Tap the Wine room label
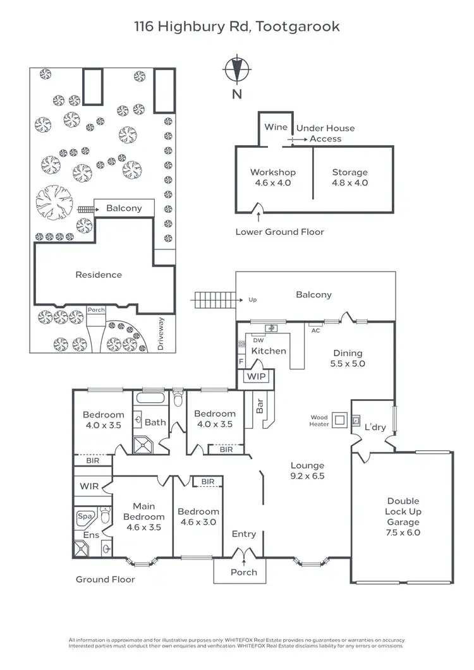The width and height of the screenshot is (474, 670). point(276,128)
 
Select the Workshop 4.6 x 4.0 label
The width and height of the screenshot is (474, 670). point(272,177)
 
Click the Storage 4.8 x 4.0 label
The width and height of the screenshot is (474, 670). point(350,177)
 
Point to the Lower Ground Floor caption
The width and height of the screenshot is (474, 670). point(279,232)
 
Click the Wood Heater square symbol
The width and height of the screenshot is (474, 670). point(340,419)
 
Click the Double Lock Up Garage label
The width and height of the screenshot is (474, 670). point(403,517)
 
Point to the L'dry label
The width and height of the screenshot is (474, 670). point(375,428)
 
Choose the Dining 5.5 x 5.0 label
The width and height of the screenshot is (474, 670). point(348,359)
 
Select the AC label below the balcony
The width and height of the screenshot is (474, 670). point(315,330)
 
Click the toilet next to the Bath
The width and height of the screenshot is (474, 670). point(178,400)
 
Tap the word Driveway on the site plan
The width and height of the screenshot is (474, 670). point(161,333)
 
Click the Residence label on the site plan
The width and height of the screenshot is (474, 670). point(99,275)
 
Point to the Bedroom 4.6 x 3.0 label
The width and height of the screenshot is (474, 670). point(198,517)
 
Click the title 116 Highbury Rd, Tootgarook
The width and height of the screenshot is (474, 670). point(237,27)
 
